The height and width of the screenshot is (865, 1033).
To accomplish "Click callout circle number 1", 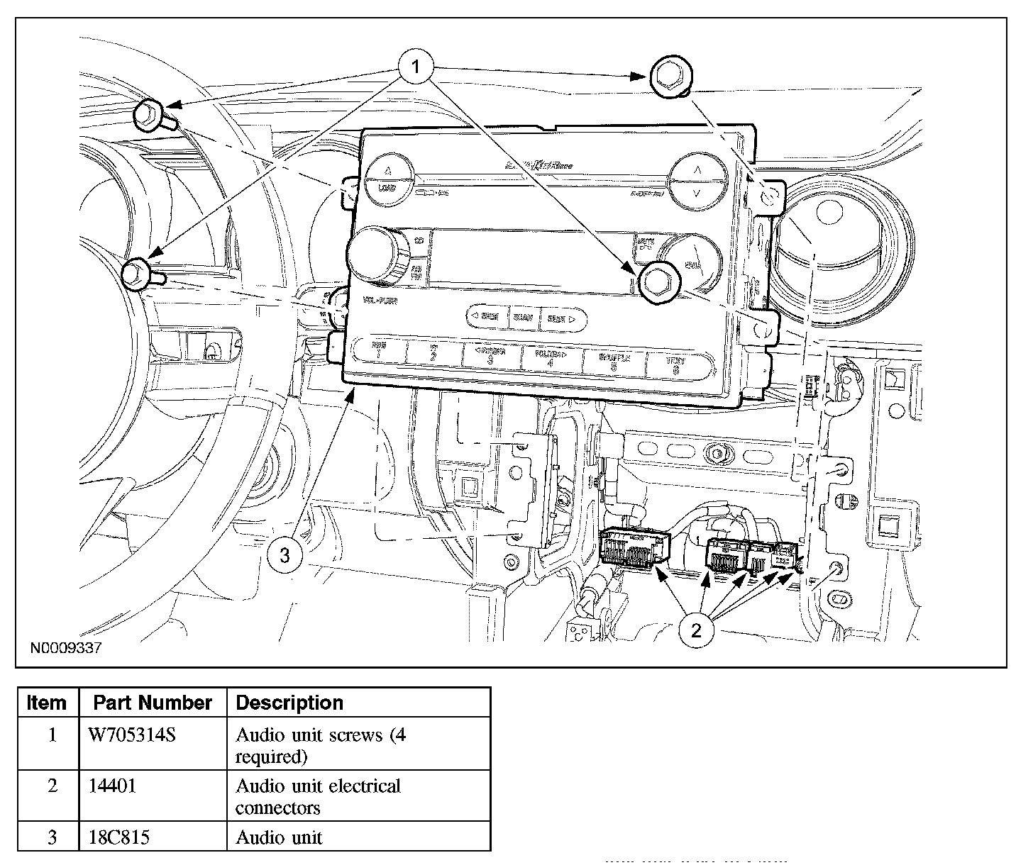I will tap(416, 67).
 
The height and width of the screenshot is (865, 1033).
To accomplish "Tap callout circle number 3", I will tap(285, 555).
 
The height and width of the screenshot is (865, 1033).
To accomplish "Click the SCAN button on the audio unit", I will tap(524, 318).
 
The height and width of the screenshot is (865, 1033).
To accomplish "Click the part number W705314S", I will tap(132, 735).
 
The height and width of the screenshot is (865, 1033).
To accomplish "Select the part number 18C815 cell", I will tap(119, 837).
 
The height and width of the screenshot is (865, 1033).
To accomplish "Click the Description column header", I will tap(289, 703).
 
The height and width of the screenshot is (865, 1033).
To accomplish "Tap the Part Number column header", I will tap(153, 703).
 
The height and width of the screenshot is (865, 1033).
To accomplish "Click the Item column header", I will tap(47, 703).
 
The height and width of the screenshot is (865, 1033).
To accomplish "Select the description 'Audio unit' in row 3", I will tap(279, 837).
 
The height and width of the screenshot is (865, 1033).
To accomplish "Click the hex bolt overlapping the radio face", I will tap(658, 280).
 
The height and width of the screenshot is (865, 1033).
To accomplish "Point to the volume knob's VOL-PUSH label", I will tap(380, 301).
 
